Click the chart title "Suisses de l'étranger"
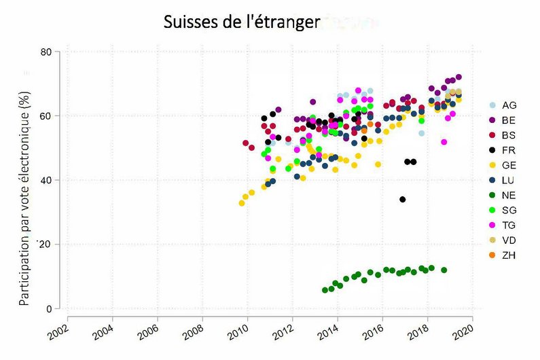(241, 22)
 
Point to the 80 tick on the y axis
(46, 52)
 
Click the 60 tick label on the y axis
(46, 116)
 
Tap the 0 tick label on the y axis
(49, 309)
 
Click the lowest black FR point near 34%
(403, 200)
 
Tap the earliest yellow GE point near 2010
(241, 203)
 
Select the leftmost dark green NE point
(325, 290)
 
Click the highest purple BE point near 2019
(458, 77)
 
